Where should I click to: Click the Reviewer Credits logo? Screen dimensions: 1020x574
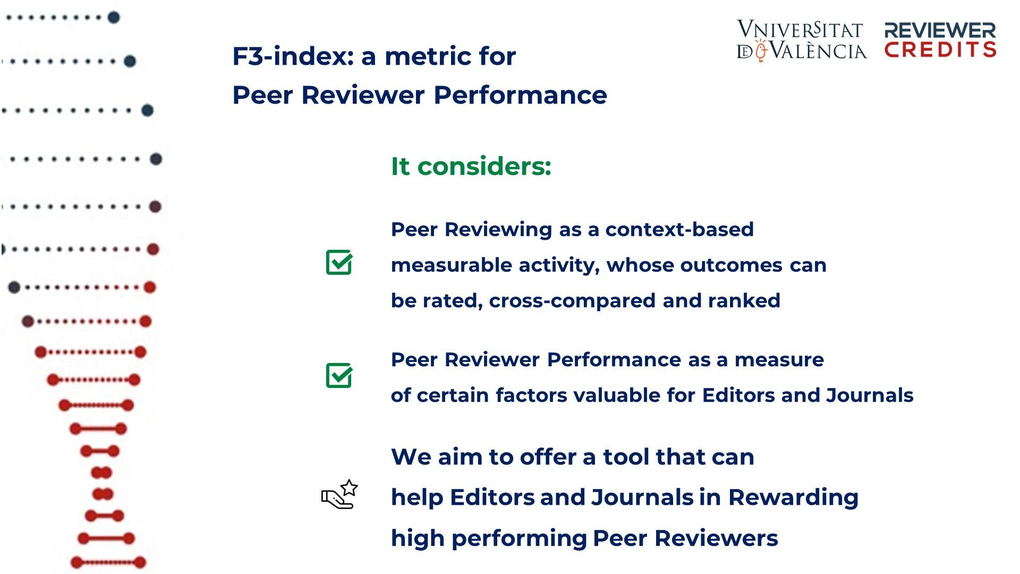(940, 40)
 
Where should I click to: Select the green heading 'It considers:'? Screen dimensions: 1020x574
(471, 166)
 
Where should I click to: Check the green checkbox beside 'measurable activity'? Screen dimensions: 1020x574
(339, 262)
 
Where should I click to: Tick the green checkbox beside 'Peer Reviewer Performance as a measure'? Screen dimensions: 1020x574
(339, 375)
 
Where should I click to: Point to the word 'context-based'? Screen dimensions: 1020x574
(679, 230)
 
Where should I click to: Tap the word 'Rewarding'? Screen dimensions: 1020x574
(793, 498)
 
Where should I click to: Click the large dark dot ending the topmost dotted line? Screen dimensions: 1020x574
(114, 18)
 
